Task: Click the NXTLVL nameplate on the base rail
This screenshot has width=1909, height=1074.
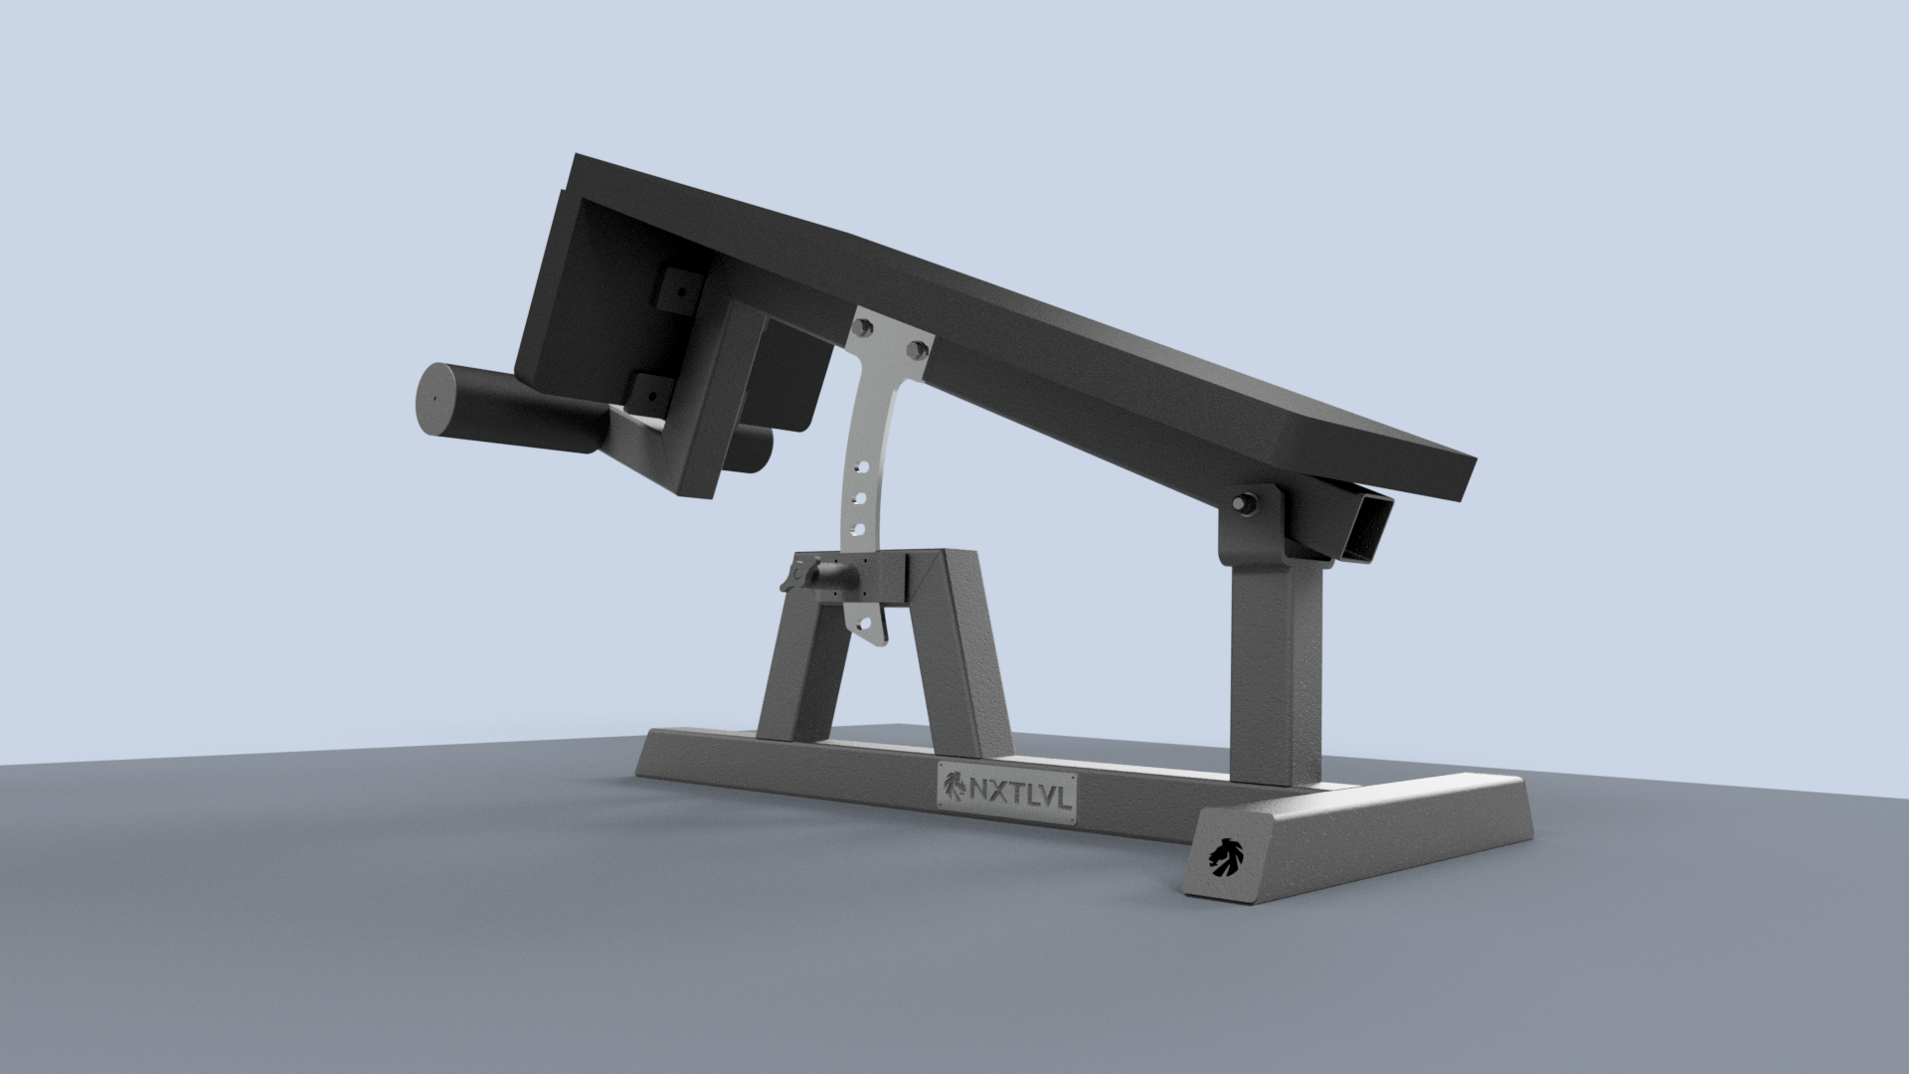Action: pos(1007,793)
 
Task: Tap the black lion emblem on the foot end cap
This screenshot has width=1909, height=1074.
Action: pos(1226,854)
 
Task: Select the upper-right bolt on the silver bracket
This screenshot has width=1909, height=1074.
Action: pos(919,349)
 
